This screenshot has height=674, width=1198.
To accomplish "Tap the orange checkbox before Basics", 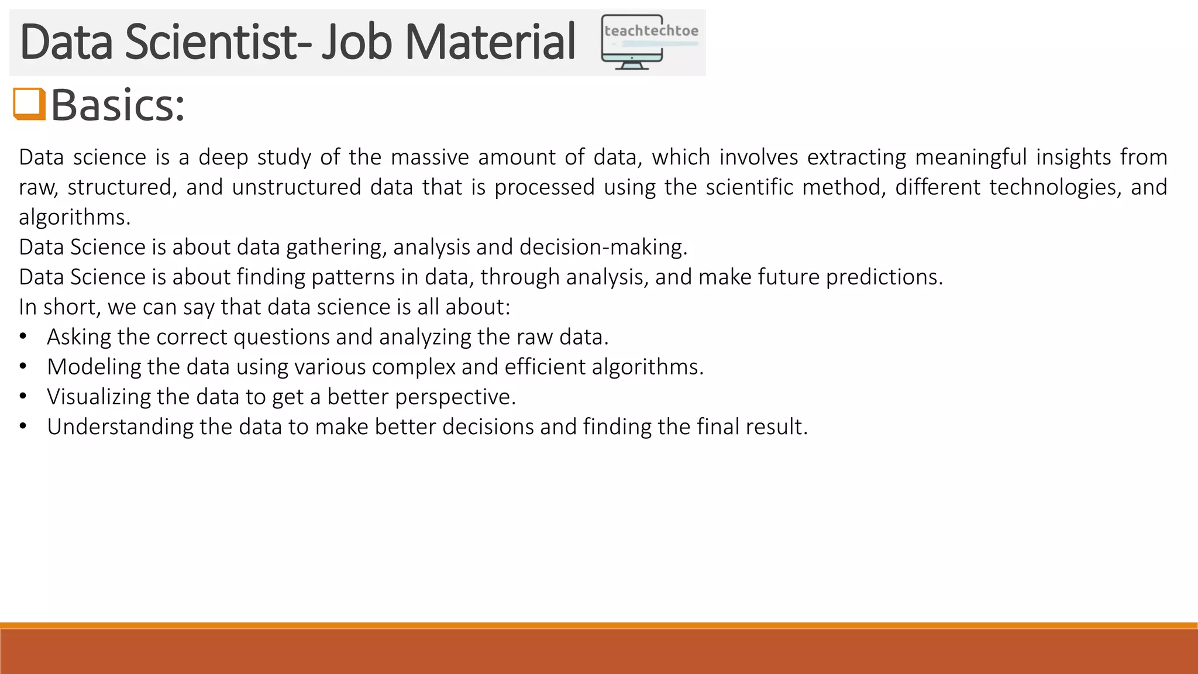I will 29,104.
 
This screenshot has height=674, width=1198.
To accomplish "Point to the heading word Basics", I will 117,105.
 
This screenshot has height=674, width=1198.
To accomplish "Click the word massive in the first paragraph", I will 429,157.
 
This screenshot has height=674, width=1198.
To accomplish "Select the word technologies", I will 1055,187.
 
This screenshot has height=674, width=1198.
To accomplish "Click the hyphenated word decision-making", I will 603,247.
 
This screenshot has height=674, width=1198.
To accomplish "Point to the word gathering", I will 336,247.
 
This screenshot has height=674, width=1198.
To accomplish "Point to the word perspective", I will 455,397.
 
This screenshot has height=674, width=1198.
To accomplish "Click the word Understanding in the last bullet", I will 120,427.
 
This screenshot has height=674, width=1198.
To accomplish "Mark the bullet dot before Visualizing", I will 23,397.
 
